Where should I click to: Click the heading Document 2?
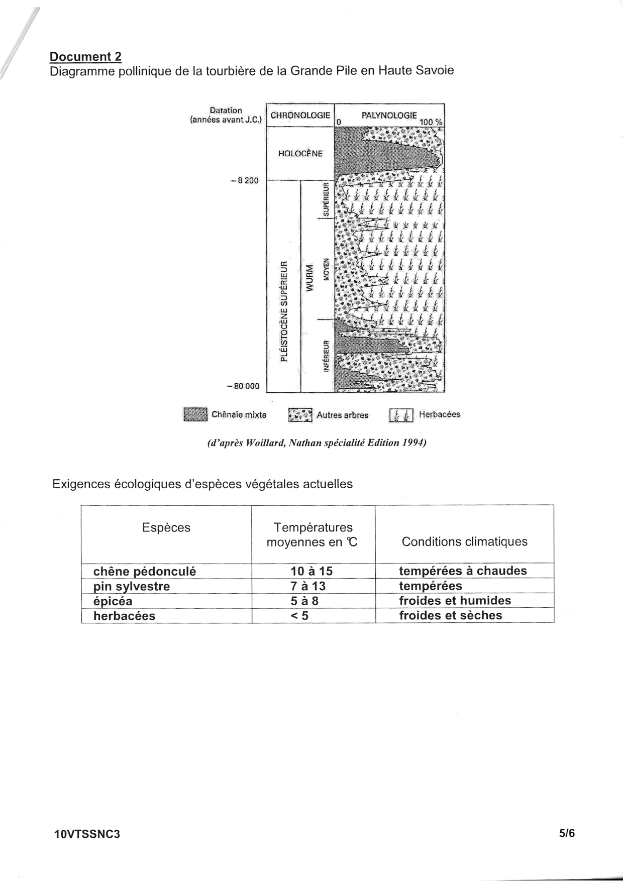85,57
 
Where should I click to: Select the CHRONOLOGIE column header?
300,115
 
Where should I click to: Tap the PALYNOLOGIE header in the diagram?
389,115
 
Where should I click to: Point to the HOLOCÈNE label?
300,153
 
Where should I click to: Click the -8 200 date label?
245,180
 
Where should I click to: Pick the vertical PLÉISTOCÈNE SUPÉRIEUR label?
284,310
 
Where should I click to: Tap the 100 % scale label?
431,122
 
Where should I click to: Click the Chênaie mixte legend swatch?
195,414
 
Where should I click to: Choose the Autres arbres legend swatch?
300,415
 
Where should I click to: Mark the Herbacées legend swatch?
401,415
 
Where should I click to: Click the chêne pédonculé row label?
145,571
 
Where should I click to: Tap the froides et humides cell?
455,601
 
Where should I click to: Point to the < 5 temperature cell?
299,616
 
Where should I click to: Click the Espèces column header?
166,527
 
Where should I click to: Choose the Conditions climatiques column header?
464,541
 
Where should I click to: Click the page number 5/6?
566,833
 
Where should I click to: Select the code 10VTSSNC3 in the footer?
87,834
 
